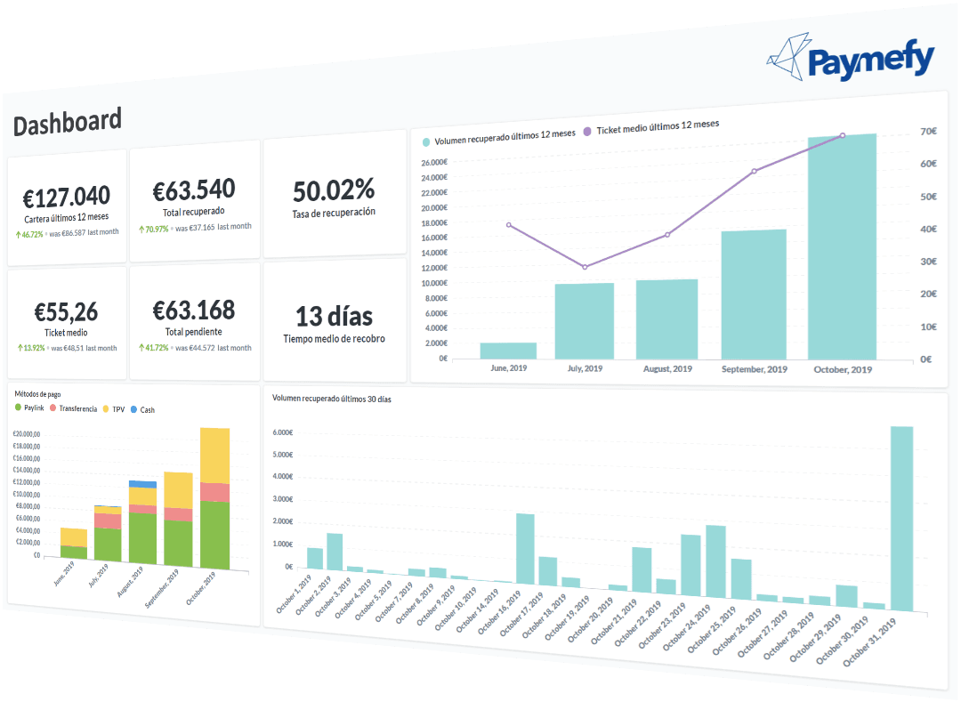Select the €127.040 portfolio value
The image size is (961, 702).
tap(68, 196)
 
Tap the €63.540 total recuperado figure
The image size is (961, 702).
tap(194, 190)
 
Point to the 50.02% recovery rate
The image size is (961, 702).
tap(334, 189)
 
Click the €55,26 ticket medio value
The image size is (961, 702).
tap(66, 311)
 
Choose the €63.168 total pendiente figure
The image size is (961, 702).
tap(194, 310)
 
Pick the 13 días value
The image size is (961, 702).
tap(334, 316)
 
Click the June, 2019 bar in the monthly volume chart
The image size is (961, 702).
tap(508, 350)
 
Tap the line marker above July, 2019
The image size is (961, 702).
tap(585, 267)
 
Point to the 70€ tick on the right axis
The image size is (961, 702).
tap(928, 132)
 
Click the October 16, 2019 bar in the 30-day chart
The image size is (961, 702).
tap(525, 548)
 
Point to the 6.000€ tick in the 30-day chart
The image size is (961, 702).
tap(282, 432)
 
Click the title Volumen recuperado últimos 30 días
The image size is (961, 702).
tap(331, 399)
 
